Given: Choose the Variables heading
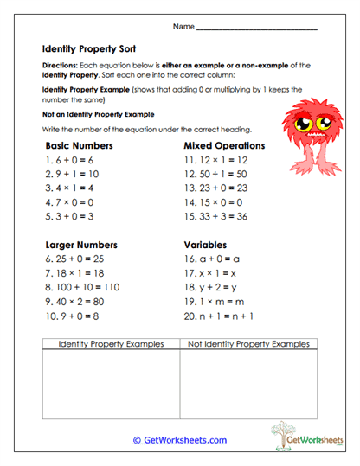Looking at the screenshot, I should point(207,244).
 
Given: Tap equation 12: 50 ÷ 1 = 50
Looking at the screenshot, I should point(215,175).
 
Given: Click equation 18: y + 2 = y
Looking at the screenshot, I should point(213,286).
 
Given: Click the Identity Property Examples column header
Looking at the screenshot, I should point(110,344).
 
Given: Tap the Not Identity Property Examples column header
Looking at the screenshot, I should point(248,344).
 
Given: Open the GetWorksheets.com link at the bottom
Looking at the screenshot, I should point(179,440).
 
